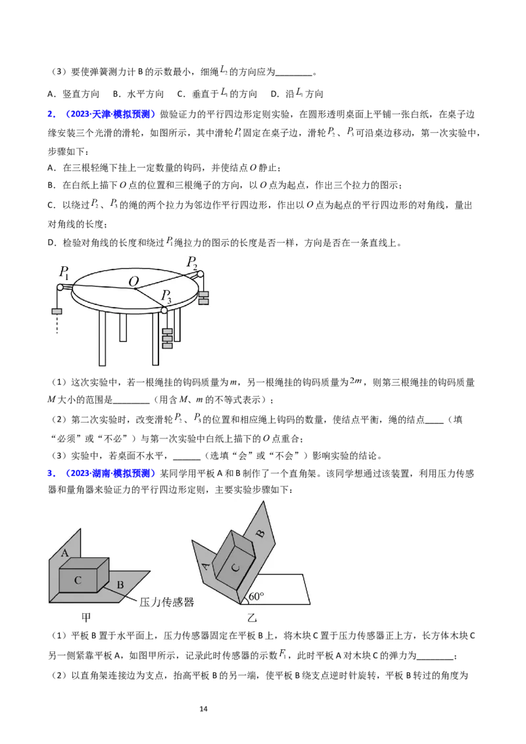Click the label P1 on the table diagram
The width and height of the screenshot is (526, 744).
click(x=64, y=271)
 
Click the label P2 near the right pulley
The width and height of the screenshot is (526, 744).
click(x=191, y=262)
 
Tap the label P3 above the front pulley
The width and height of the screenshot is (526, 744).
click(x=168, y=296)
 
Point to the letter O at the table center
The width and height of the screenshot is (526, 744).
click(x=133, y=282)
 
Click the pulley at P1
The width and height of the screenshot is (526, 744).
click(x=60, y=287)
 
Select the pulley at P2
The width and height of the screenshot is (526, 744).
click(x=200, y=274)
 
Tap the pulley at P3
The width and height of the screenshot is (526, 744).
click(x=164, y=310)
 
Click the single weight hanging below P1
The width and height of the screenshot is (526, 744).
click(x=57, y=311)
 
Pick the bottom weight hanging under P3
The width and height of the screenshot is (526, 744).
click(x=167, y=346)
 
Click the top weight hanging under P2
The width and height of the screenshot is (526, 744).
click(x=203, y=294)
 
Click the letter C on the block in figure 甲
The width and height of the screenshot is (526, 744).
click(x=78, y=580)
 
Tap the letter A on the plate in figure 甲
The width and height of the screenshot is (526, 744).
click(x=65, y=553)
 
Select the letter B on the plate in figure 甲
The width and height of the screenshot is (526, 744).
click(x=120, y=584)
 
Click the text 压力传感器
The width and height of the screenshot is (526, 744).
click(x=167, y=602)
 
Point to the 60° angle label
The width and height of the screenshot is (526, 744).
click(x=256, y=597)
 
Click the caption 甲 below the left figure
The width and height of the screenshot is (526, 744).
click(x=85, y=618)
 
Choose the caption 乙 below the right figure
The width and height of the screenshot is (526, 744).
click(x=252, y=618)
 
